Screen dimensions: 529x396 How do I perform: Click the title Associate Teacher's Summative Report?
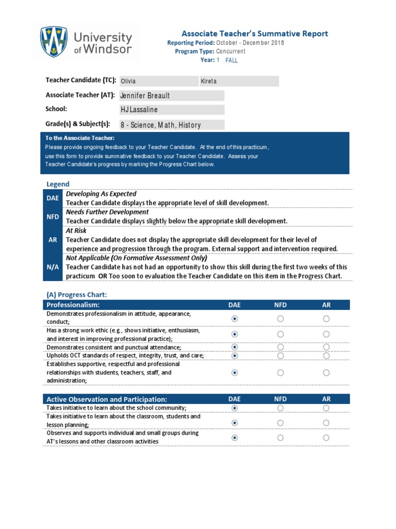(254, 34)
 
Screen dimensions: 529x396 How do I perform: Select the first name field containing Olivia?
(159, 81)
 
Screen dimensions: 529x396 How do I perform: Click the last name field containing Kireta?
(239, 81)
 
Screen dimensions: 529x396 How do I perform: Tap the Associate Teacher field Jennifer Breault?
(172, 96)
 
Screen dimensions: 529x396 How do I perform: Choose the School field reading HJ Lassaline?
(172, 110)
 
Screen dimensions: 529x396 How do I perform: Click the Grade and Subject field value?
(172, 125)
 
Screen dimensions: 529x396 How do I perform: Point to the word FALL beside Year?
(232, 60)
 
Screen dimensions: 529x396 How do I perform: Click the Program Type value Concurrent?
(230, 51)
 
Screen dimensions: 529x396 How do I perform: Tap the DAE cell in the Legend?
(53, 198)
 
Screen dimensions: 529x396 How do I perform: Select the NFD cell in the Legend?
(53, 217)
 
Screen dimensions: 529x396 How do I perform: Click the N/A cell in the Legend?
(53, 267)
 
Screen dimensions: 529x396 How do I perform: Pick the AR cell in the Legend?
(53, 240)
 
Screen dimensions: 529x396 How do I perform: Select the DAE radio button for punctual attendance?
(235, 347)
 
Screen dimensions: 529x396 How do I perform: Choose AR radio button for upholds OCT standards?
(326, 355)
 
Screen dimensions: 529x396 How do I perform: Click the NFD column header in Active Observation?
(280, 399)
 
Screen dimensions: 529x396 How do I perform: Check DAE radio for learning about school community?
(235, 408)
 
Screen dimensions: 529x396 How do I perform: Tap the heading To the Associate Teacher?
(80, 138)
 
